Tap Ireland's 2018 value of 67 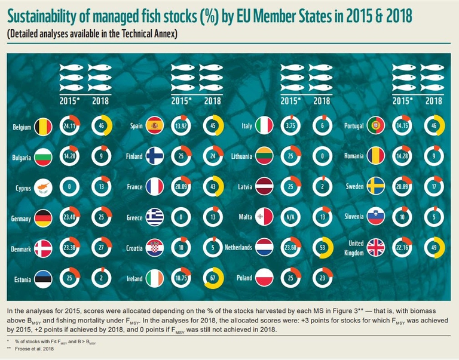click(212, 278)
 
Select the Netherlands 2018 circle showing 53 click(322, 247)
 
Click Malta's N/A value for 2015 click(290, 217)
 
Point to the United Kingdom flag click(377, 247)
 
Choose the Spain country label click(136, 126)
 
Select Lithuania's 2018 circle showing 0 click(322, 156)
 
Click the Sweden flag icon click(377, 186)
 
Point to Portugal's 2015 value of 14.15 click(404, 126)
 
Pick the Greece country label click(133, 217)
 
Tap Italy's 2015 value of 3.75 click(290, 126)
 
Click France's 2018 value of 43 click(212, 186)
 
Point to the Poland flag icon click(264, 278)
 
